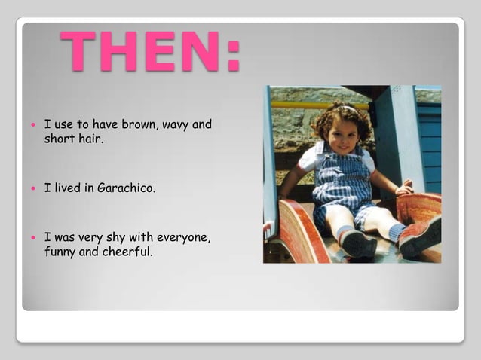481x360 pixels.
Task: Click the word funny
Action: [60, 252]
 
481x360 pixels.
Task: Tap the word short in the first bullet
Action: [60, 138]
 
